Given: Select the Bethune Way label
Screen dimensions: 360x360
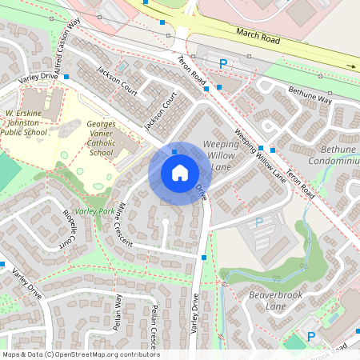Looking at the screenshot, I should (x=310, y=95).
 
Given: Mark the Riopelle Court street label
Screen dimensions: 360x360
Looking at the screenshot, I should (x=74, y=233).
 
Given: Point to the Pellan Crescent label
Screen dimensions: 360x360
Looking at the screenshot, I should (x=154, y=330).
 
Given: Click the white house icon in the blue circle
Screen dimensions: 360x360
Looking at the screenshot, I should (x=179, y=173).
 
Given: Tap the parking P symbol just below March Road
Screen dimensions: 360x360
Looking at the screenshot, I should (x=223, y=63).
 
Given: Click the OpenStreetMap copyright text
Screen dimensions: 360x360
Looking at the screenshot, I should (x=80, y=354).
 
